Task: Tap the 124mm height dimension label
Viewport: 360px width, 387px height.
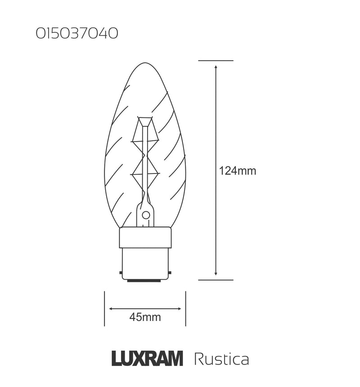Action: pos(238,171)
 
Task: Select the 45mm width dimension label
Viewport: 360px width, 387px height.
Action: pos(145,317)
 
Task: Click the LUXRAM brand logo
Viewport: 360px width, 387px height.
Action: pos(147,359)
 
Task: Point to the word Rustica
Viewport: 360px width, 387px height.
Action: pos(221,359)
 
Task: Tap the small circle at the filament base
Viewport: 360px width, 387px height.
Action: pos(145,215)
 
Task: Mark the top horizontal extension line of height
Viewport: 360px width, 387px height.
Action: pos(216,60)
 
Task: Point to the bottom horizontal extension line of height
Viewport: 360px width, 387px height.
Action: pos(216,280)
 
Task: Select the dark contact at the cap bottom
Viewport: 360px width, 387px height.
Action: pos(145,281)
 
